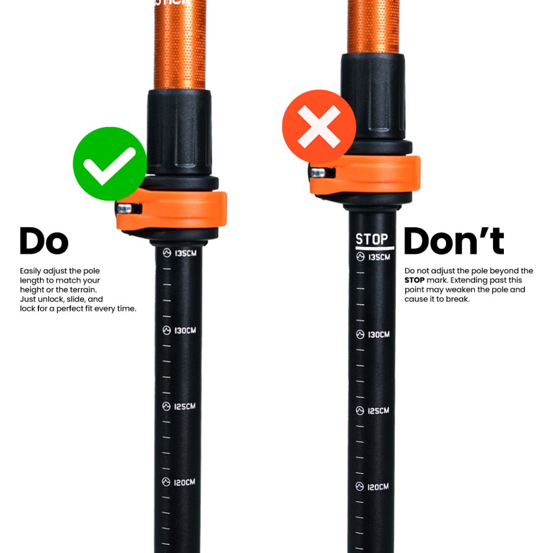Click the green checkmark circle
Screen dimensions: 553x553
[x=110, y=164]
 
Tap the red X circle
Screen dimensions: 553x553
[x=319, y=126]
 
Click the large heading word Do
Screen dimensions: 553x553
[x=44, y=241]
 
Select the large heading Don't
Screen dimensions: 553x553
[x=454, y=241]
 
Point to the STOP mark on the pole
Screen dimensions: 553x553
[x=372, y=239]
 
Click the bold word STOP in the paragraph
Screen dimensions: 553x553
[x=414, y=280]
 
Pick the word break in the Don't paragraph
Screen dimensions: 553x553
[x=458, y=299]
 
